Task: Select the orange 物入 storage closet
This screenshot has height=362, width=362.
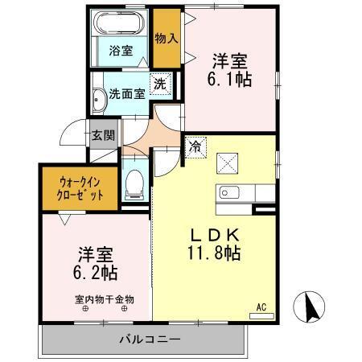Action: point(166,39)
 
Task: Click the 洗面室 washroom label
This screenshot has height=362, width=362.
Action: point(127,93)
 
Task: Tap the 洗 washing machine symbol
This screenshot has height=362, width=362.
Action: point(160,82)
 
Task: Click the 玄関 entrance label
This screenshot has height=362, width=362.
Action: point(101,134)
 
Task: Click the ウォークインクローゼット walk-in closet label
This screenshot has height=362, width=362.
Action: point(80,187)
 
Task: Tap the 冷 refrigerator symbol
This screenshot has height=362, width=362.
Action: point(195,146)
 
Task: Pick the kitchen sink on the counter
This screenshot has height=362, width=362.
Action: point(225,194)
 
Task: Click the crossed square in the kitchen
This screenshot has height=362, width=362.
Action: point(226,163)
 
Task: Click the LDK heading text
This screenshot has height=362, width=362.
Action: point(213,235)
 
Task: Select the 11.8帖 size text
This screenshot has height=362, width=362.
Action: point(212,253)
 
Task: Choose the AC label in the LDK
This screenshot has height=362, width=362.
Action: point(261,306)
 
